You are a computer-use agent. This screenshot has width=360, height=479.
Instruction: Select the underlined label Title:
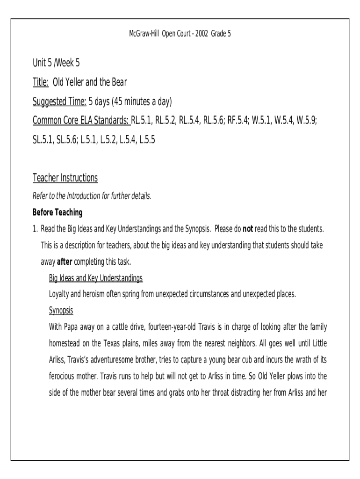[x=41, y=83]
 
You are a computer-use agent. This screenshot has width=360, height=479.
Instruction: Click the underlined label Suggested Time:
[x=59, y=102]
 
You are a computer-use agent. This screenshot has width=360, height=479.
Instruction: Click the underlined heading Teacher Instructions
[x=65, y=178]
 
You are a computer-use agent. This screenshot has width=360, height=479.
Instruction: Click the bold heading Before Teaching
[x=58, y=213]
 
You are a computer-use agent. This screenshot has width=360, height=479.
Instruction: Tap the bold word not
[x=248, y=229]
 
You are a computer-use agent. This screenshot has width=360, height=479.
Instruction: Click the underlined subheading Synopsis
[x=61, y=311]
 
